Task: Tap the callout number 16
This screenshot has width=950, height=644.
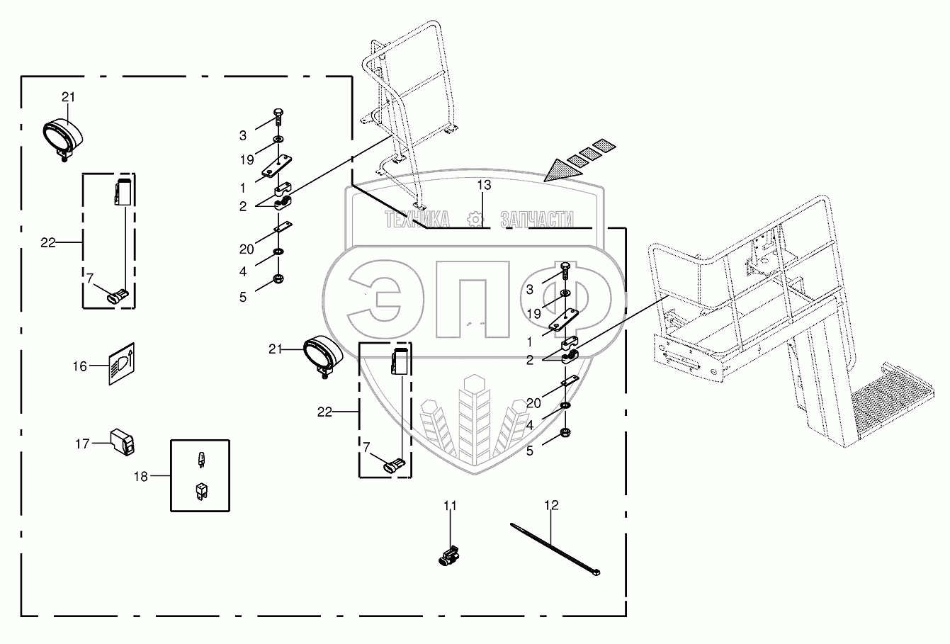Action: click(79, 366)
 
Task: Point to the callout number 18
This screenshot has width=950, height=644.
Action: click(140, 477)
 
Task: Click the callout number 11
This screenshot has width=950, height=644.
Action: click(451, 505)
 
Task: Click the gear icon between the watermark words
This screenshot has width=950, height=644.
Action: click(475, 220)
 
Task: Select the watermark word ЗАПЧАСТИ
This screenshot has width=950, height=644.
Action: click(536, 220)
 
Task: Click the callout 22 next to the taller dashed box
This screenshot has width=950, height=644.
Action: click(47, 242)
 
